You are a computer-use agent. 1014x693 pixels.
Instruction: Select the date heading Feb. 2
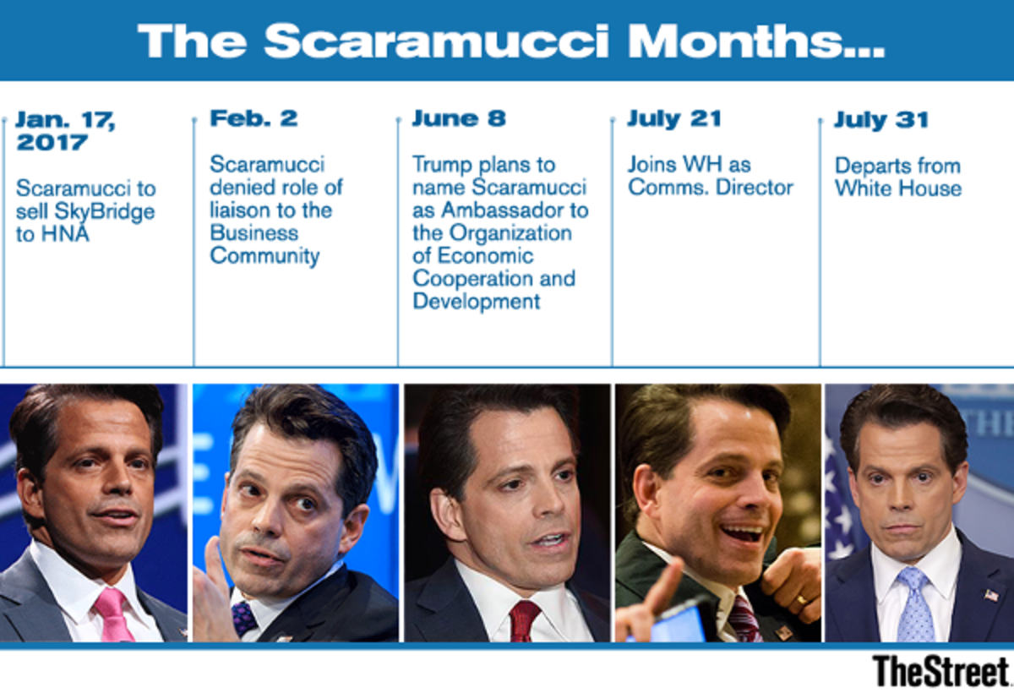pyautogui.click(x=253, y=118)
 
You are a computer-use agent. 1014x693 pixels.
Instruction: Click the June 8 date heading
pyautogui.click(x=459, y=118)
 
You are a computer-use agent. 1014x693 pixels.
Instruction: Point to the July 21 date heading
pyautogui.click(x=673, y=118)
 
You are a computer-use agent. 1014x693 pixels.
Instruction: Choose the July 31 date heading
pyautogui.click(x=880, y=120)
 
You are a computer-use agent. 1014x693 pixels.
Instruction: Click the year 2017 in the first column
pyautogui.click(x=53, y=142)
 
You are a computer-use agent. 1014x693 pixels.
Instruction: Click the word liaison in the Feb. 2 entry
pyautogui.click(x=241, y=210)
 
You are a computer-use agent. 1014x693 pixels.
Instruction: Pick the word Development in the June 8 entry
pyautogui.click(x=477, y=301)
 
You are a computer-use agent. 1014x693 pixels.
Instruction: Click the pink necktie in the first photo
pyautogui.click(x=113, y=614)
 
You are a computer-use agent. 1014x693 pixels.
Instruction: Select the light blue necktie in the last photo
pyautogui.click(x=915, y=606)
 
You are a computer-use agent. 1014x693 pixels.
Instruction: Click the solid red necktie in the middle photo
pyautogui.click(x=524, y=621)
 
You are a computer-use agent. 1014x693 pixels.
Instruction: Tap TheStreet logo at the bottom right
pyautogui.click(x=940, y=670)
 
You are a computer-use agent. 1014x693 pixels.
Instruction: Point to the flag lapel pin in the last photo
pyautogui.click(x=991, y=595)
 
